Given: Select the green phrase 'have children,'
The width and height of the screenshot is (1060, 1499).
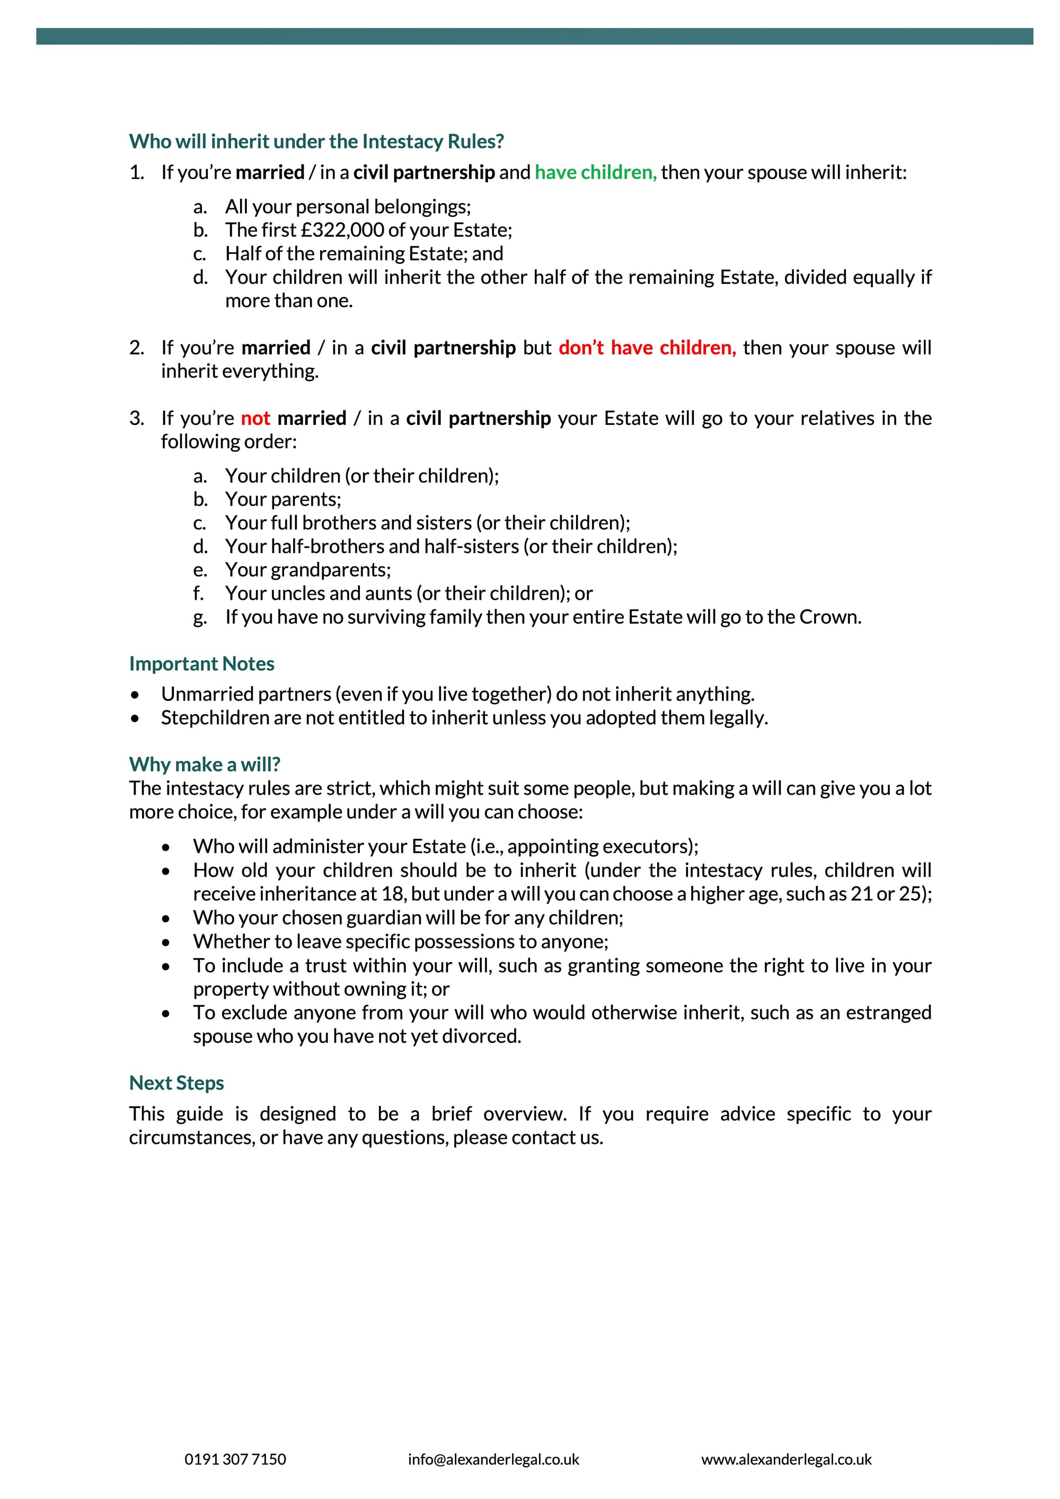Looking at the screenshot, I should tap(595, 172).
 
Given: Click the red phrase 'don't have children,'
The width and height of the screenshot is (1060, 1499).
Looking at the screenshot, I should tap(647, 348).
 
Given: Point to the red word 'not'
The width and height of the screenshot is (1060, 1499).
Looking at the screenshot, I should tap(255, 418).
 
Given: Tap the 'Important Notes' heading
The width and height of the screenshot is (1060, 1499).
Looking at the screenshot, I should tap(202, 664).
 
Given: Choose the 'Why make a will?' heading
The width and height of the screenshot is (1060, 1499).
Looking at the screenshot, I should tap(205, 765).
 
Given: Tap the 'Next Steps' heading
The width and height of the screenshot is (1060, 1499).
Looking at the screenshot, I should tap(176, 1083).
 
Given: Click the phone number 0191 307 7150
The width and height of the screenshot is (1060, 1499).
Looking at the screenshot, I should tap(235, 1459).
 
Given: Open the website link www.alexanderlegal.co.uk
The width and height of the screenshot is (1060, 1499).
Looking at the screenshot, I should tap(787, 1459).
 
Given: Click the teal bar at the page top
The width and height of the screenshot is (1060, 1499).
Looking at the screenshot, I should tap(534, 36).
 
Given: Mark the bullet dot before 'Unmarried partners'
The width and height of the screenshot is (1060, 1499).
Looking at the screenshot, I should tap(135, 695).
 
